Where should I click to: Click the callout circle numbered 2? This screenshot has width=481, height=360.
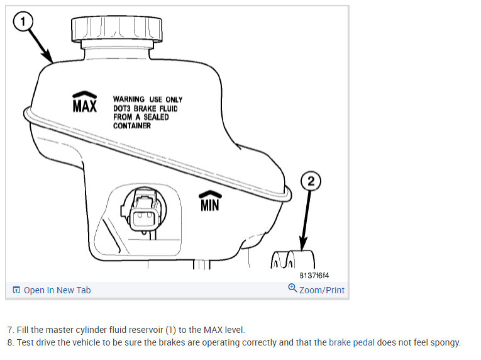tap(312, 183)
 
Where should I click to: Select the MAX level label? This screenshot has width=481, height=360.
tap(85, 106)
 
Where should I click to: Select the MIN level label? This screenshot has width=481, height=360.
tap(209, 205)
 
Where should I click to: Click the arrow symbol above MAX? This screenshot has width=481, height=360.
tap(85, 94)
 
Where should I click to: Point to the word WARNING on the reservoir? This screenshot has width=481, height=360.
tap(128, 99)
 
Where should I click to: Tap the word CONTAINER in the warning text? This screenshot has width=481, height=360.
tap(132, 126)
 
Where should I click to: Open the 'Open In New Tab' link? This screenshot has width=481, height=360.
tap(57, 290)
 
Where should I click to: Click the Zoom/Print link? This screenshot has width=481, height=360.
tap(321, 290)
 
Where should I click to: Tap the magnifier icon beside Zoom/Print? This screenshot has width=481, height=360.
tap(292, 289)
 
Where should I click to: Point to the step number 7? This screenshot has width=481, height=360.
tap(10, 330)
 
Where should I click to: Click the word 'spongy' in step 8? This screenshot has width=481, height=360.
tap(446, 343)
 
